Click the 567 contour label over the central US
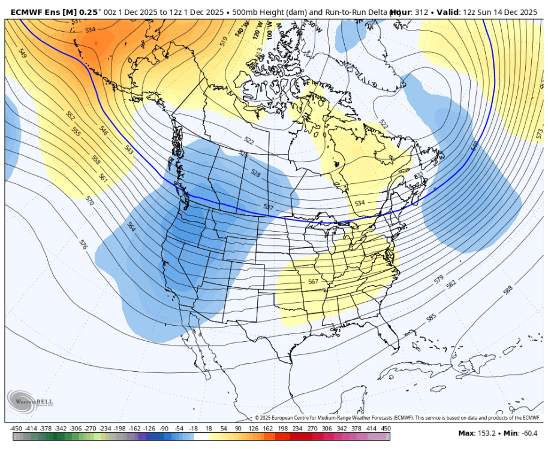pyautogui.click(x=312, y=282)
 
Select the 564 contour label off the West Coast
pyautogui.click(x=131, y=226)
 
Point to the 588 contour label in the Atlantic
pyautogui.click(x=508, y=290)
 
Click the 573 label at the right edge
pyautogui.click(x=540, y=133)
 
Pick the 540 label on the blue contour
pyautogui.click(x=475, y=146)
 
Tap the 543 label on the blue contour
pyautogui.click(x=129, y=150)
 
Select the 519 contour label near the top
pyautogui.click(x=224, y=41)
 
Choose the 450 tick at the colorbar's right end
pyautogui.click(x=386, y=429)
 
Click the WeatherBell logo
pyautogui.click(x=23, y=400)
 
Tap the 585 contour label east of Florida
pyautogui.click(x=430, y=318)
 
